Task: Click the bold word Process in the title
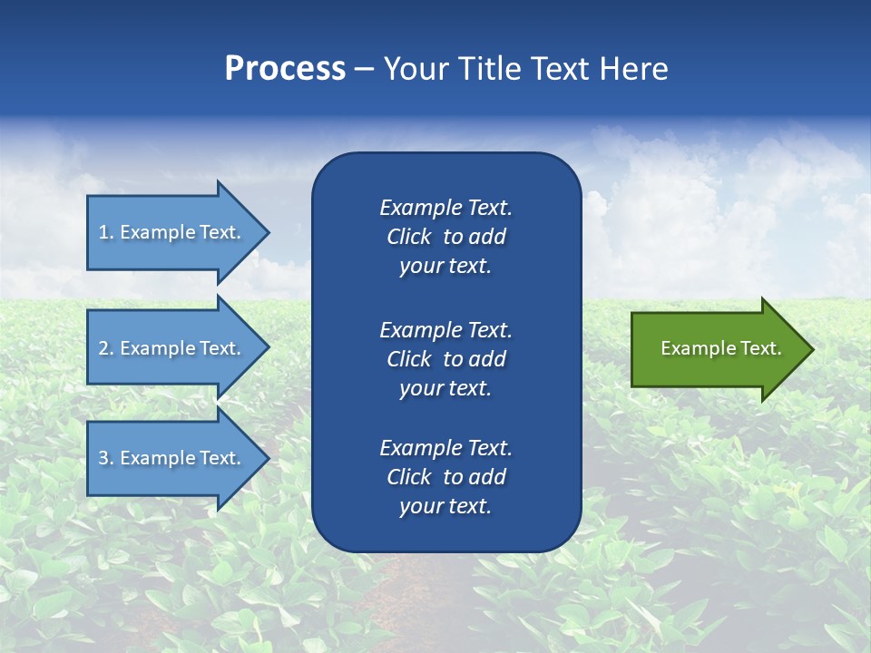285,69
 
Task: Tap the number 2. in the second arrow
106,348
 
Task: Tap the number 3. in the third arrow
106,458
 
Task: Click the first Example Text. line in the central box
445,208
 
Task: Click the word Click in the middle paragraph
409,359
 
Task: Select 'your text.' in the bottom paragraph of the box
445,506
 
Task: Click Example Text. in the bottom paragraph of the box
445,448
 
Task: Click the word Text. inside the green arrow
760,348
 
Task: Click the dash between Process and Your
364,69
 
